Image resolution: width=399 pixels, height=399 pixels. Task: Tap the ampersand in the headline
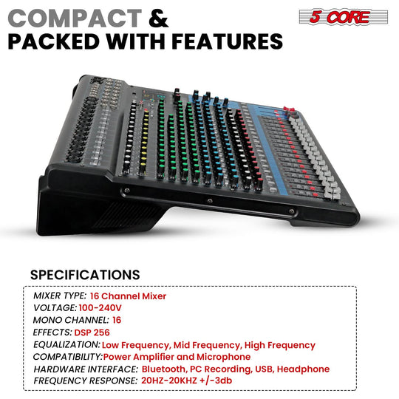click(x=158, y=16)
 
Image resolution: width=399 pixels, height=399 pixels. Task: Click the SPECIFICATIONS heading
click(x=85, y=275)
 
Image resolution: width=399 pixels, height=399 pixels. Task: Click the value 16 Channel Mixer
click(x=129, y=296)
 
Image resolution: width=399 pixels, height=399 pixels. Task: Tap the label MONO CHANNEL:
click(x=72, y=320)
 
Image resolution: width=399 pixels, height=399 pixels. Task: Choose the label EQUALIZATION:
click(x=67, y=345)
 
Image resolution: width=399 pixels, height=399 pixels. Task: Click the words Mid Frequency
click(x=203, y=345)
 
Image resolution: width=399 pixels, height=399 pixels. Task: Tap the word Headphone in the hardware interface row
click(x=304, y=369)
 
